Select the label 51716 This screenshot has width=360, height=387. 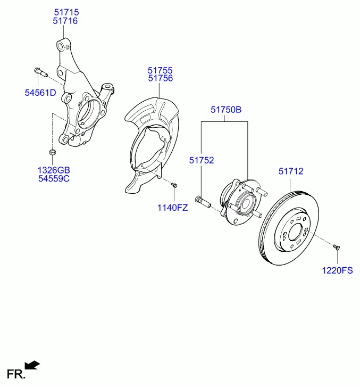pos(65,21)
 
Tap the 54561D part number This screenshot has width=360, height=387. pos(40,93)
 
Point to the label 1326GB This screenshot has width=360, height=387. pos(54,170)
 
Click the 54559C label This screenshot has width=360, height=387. pos(54,178)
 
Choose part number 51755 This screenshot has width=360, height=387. pos(160,70)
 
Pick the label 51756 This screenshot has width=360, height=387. pos(161,78)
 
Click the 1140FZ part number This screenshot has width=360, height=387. pos(173,208)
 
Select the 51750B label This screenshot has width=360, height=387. pos(226,110)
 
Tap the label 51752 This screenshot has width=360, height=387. pos(202,160)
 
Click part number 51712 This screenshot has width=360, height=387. pos(291,171)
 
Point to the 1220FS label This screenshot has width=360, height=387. pos(337,270)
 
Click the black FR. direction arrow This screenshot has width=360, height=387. pos(32,365)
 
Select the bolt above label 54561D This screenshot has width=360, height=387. pos(40,72)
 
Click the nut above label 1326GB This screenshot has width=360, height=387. pos(53,152)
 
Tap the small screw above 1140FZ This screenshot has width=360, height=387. pos(174,185)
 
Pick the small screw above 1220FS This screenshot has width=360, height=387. pos(336,246)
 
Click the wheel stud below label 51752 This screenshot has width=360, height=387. pos(203,202)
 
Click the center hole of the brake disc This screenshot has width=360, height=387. pos(295,232)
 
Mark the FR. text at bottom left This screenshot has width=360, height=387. pos(16,374)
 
